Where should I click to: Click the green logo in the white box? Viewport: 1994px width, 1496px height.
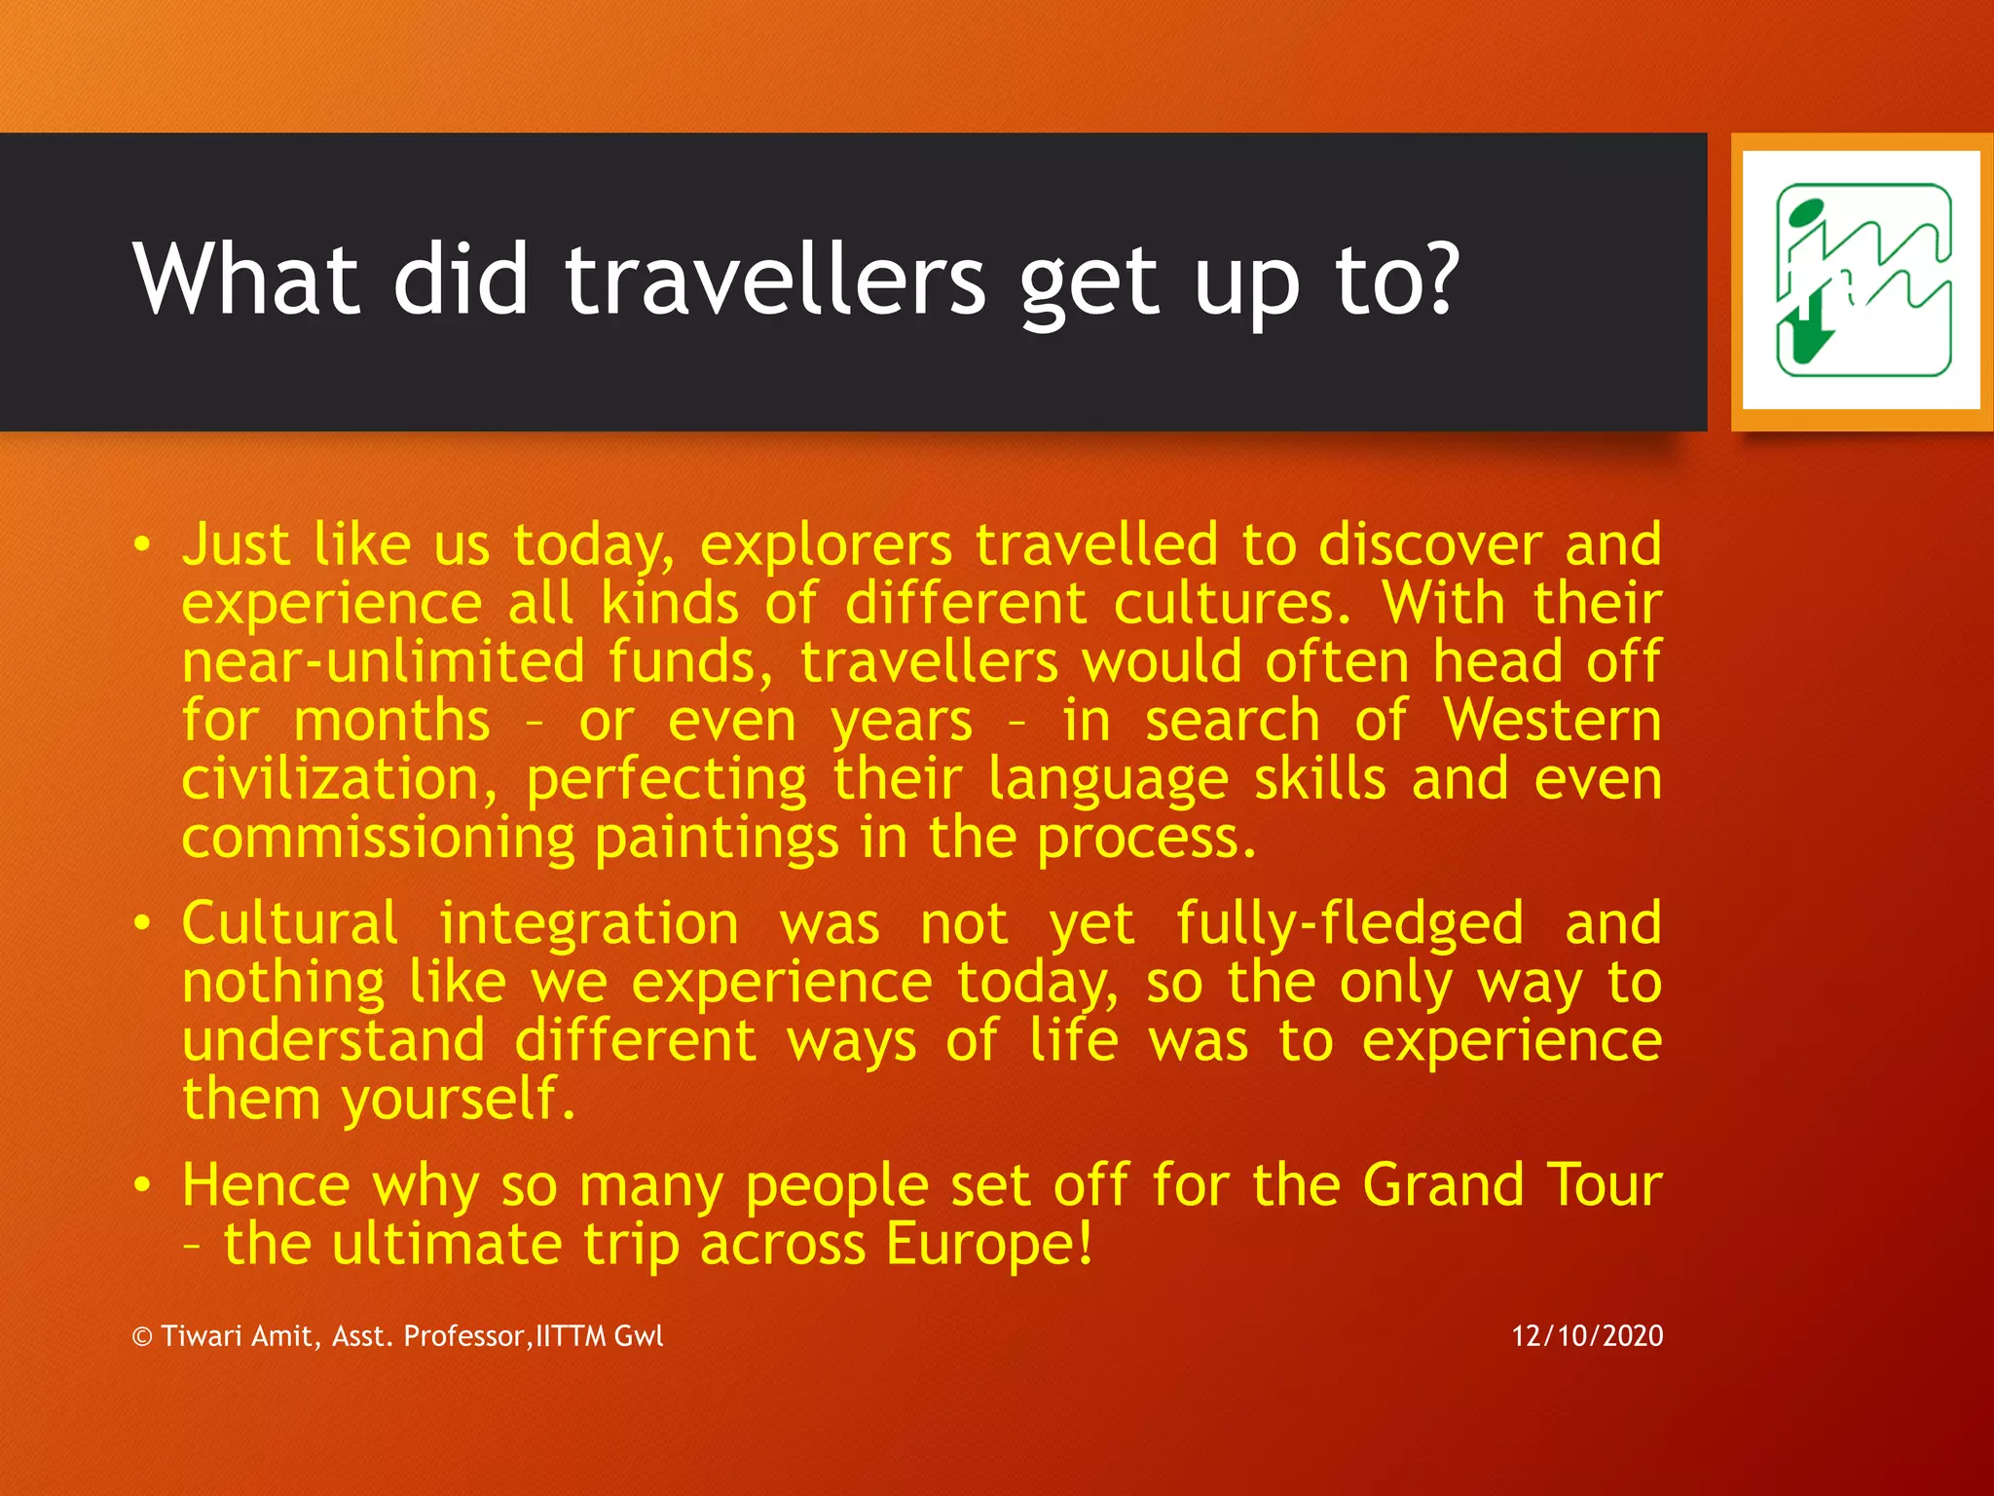1862,280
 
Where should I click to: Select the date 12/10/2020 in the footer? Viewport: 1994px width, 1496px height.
1587,1335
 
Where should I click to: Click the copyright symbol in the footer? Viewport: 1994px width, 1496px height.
143,1336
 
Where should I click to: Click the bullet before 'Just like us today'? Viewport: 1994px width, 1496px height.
143,545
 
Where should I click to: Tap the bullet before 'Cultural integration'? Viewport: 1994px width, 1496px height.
143,923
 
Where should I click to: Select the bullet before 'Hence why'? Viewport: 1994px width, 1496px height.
143,1185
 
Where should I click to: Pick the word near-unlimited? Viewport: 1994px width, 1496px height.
384,662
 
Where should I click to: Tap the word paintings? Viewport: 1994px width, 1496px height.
716,840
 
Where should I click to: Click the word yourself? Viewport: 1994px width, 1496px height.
458,1102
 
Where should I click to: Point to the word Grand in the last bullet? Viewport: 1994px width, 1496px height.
1443,1186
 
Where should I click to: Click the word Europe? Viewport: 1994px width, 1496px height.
989,1245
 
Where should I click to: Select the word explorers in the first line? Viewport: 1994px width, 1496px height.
826,545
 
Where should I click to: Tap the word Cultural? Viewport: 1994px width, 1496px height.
290,923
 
